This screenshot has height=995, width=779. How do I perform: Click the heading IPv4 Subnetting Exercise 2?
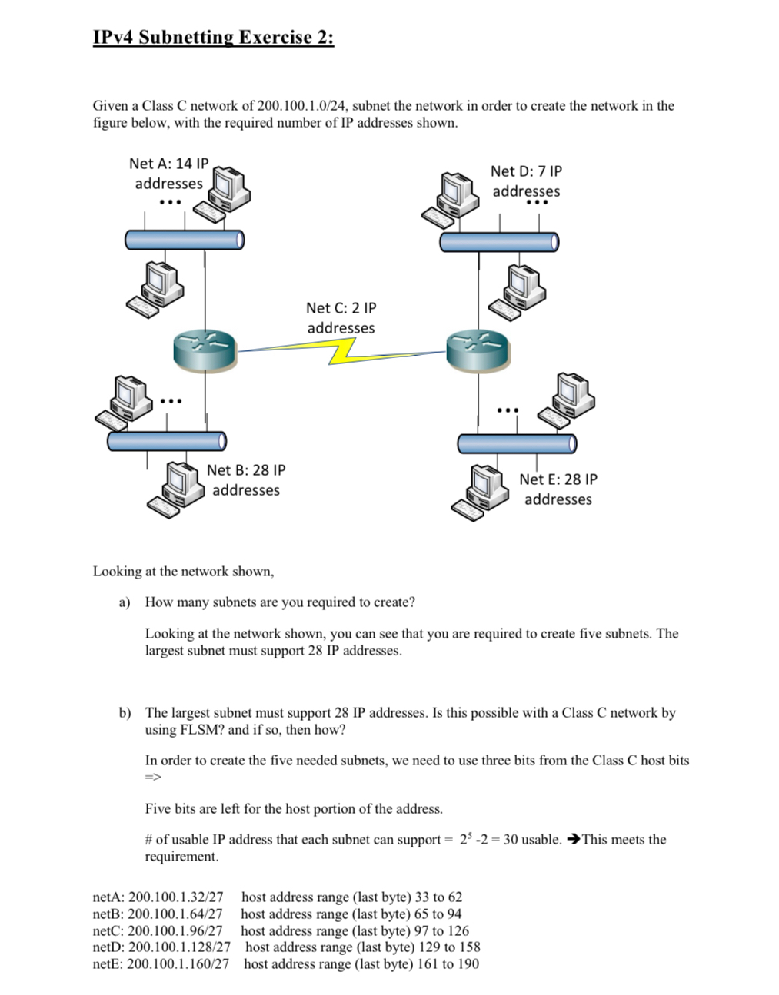click(x=213, y=38)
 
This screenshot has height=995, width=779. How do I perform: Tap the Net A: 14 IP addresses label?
click(x=168, y=174)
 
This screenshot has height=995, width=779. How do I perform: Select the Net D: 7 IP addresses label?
click(x=526, y=181)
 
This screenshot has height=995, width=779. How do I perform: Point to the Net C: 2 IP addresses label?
click(x=341, y=318)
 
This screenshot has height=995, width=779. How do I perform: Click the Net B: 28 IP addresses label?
click(x=246, y=480)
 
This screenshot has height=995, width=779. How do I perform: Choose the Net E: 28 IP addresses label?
click(x=558, y=489)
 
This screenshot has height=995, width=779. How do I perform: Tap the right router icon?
click(x=478, y=350)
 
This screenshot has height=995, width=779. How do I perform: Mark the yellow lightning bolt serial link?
click(x=342, y=353)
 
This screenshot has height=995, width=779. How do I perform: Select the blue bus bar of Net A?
click(x=185, y=240)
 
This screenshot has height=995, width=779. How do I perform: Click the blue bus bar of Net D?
click(x=499, y=242)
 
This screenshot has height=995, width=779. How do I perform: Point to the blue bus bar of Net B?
click(x=167, y=441)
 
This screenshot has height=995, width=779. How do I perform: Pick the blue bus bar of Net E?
click(x=517, y=443)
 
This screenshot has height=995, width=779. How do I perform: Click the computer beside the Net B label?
click(x=175, y=488)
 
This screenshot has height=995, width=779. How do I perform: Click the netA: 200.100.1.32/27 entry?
click(x=158, y=897)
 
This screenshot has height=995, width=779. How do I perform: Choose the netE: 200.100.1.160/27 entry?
click(x=161, y=963)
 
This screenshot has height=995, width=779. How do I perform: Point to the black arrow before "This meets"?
click(x=572, y=839)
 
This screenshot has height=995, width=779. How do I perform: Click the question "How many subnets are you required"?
click(x=280, y=602)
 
